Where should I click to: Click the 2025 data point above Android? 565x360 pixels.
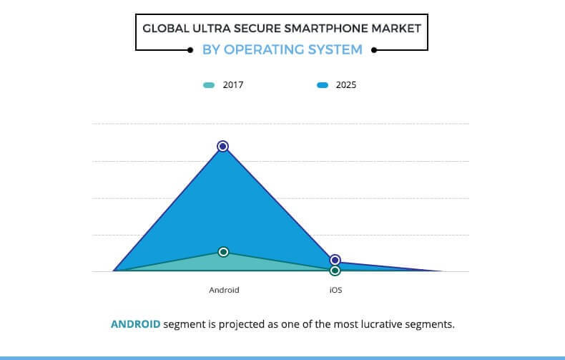[x=223, y=146]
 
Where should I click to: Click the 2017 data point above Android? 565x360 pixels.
[x=223, y=252]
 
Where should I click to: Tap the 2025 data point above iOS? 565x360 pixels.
[x=335, y=260]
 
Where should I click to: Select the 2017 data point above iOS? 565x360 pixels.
[x=335, y=271]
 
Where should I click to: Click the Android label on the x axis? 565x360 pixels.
[x=224, y=290]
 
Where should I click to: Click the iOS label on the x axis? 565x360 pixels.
[x=335, y=290]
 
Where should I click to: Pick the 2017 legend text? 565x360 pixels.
[x=234, y=85]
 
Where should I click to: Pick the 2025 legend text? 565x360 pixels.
[x=346, y=85]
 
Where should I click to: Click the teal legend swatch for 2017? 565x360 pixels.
[x=209, y=85]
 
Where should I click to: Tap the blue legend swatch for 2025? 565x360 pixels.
[x=322, y=85]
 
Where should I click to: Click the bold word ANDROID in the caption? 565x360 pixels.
[x=136, y=324]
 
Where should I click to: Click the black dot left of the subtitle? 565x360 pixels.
[x=190, y=50]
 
